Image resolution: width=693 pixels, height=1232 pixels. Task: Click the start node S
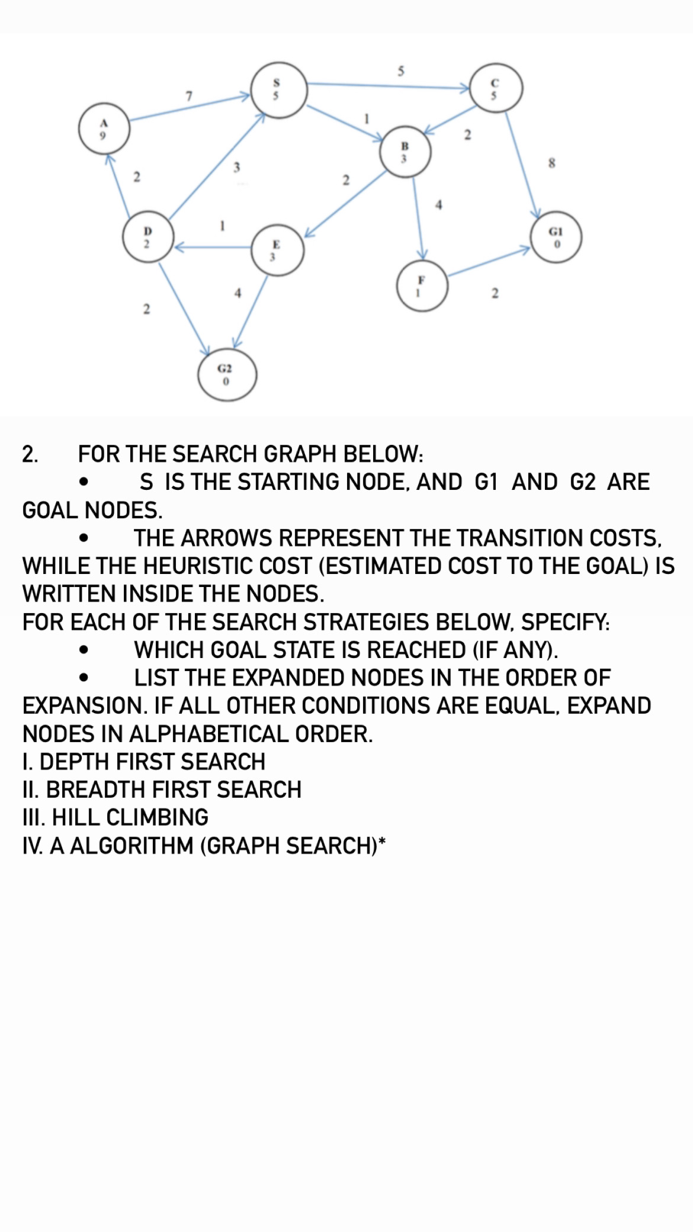(278, 90)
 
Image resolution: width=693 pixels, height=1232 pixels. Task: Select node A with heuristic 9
(104, 129)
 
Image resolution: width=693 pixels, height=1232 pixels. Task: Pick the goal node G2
(227, 375)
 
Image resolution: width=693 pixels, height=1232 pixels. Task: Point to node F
(422, 285)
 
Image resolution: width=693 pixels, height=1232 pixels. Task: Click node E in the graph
(278, 250)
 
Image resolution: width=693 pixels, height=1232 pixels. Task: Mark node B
(405, 151)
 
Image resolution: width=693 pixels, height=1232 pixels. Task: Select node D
(148, 237)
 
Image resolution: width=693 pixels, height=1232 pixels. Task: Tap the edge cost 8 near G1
(552, 163)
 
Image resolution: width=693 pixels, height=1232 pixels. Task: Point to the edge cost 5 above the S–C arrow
(400, 72)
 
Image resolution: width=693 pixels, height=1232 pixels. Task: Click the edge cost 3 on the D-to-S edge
(236, 168)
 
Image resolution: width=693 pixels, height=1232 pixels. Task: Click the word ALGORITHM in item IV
(133, 846)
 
